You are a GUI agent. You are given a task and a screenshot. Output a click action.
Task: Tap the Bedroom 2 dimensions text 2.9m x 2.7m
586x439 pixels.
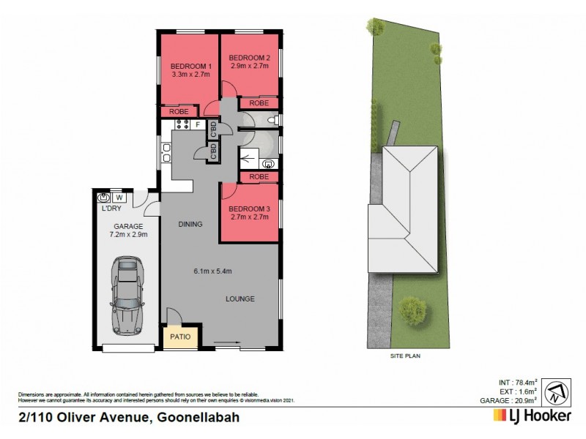coord(250,66)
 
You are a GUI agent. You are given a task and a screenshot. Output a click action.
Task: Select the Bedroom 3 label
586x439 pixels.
coord(251,206)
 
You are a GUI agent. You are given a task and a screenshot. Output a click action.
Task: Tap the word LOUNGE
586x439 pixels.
coord(240,299)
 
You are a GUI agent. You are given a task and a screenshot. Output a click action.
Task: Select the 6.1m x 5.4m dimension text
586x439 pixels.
coord(212,272)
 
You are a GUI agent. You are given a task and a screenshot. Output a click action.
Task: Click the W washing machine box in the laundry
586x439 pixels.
coord(119,198)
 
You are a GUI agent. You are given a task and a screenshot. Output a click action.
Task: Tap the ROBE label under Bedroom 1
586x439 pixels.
coord(180,111)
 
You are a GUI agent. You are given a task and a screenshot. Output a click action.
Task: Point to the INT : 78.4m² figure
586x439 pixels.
coord(517,381)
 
